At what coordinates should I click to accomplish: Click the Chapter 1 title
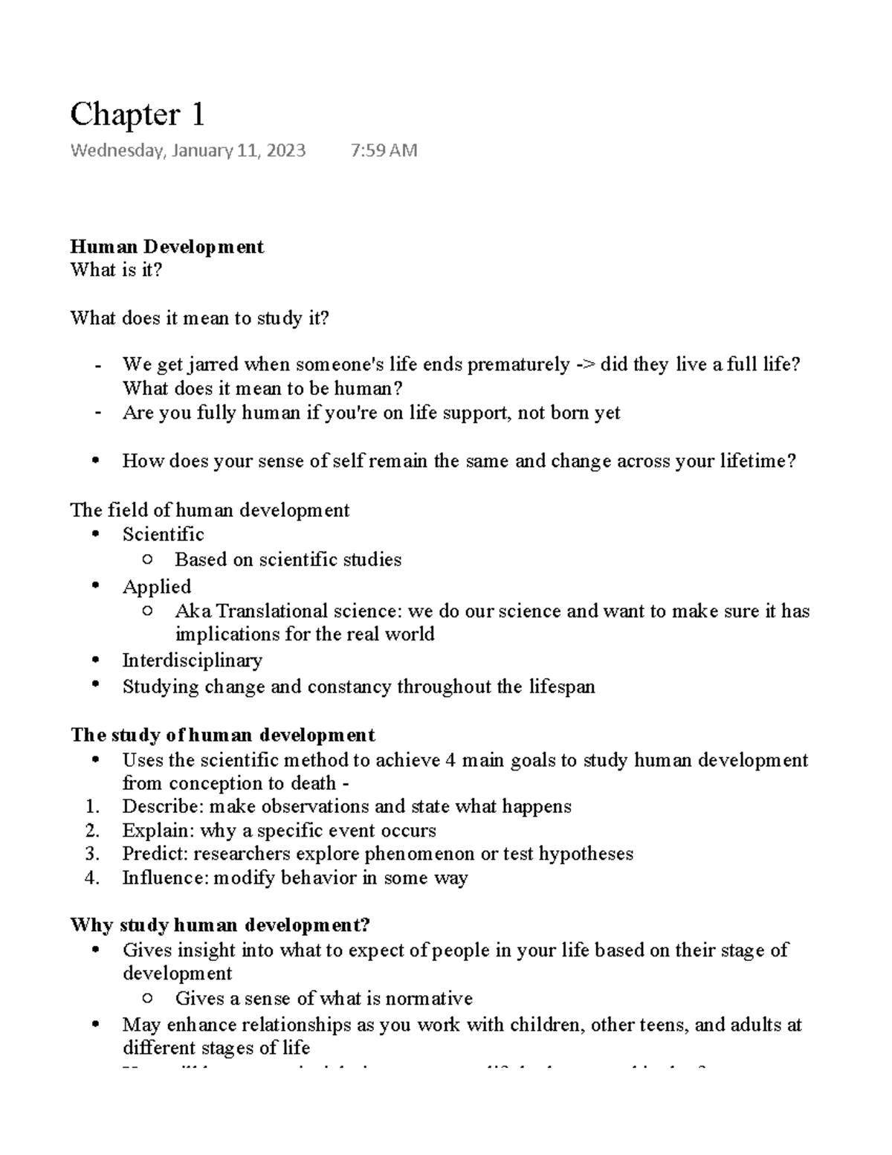pyautogui.click(x=137, y=115)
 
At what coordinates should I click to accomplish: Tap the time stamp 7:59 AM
pyautogui.click(x=384, y=151)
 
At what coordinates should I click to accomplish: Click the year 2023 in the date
pyautogui.click(x=282, y=151)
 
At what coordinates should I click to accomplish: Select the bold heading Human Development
pyautogui.click(x=167, y=247)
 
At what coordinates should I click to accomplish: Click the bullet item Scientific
pyautogui.click(x=163, y=535)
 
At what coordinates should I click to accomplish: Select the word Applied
pyautogui.click(x=157, y=587)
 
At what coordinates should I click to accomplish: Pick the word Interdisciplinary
pyautogui.click(x=193, y=660)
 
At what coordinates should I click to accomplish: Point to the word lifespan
pyautogui.click(x=562, y=686)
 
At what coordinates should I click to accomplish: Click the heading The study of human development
pyautogui.click(x=222, y=736)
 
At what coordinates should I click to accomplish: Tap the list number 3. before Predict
pyautogui.click(x=91, y=854)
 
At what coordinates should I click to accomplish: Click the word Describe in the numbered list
pyautogui.click(x=163, y=807)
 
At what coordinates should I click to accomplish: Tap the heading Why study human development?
pyautogui.click(x=220, y=926)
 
